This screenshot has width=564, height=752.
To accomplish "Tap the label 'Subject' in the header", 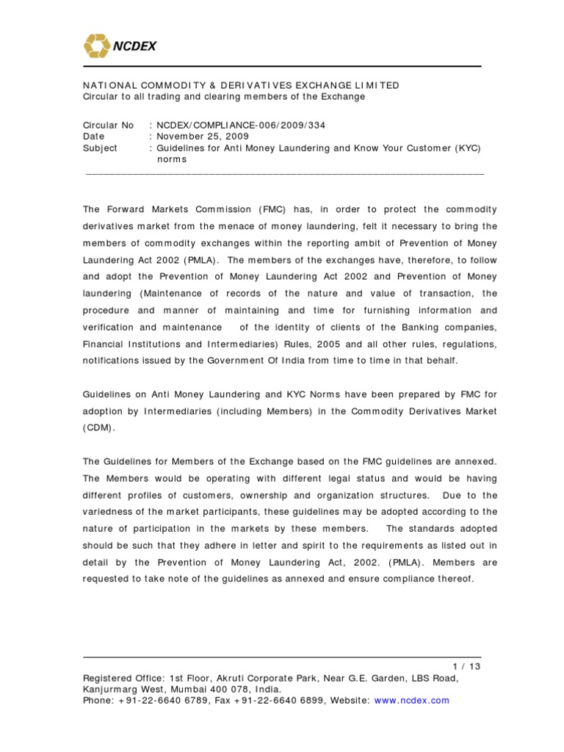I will [x=100, y=148].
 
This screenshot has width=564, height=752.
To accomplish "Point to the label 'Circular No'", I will [x=108, y=126].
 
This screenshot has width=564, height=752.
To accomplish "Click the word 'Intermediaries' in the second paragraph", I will [x=195, y=411].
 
